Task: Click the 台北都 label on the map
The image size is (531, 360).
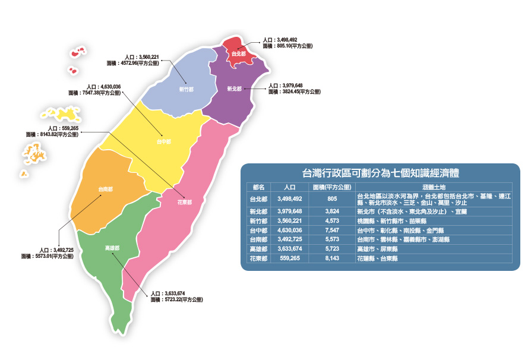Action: pos(239,54)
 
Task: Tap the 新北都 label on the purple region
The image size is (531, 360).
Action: pos(234,89)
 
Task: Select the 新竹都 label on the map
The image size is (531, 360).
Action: pos(186,90)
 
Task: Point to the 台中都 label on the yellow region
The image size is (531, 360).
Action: pos(164,142)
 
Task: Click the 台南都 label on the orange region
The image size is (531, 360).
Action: pos(106,190)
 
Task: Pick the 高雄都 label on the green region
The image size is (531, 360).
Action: pos(112,248)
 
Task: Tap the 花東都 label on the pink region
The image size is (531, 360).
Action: pos(185,202)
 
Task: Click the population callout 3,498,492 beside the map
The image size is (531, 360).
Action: pos(284,40)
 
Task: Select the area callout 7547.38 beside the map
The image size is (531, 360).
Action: pos(95,93)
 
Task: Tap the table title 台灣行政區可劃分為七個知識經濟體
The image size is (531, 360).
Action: pos(381,173)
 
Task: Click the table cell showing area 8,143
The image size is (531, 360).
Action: pos(331,258)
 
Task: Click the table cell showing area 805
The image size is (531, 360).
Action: pos(331,199)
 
